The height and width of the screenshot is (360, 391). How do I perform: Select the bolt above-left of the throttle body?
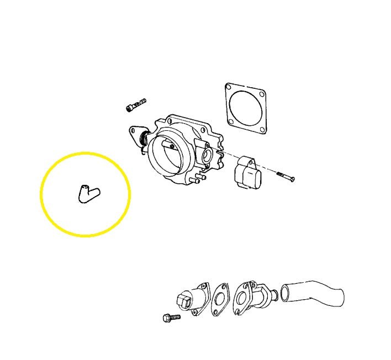[135, 105]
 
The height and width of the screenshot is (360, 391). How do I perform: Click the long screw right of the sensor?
[284, 177]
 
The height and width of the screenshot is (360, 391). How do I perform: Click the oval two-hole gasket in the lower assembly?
[221, 301]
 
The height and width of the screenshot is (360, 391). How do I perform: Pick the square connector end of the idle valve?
[184, 301]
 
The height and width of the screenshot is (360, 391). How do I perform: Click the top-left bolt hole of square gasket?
[229, 87]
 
